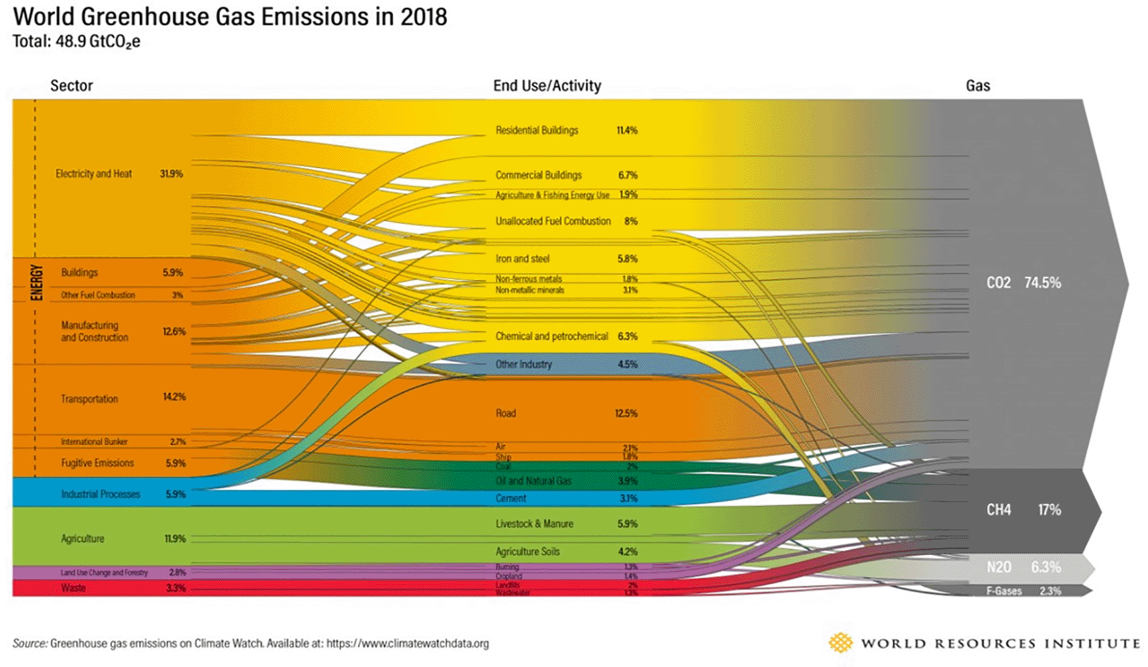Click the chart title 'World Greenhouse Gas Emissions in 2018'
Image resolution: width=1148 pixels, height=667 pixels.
(x=230, y=17)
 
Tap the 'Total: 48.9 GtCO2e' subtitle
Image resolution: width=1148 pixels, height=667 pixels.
(x=76, y=42)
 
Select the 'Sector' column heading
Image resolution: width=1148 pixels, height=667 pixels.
(x=71, y=86)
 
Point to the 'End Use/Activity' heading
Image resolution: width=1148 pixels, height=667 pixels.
(x=547, y=86)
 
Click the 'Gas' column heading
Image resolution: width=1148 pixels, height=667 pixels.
(x=978, y=86)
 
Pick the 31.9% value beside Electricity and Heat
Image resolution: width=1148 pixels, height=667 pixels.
(x=171, y=174)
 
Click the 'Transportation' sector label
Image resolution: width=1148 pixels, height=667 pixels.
(x=89, y=399)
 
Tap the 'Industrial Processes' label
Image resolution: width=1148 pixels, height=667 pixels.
(x=101, y=494)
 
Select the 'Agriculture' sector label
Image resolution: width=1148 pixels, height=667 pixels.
(x=82, y=538)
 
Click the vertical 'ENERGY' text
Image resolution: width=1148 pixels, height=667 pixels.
(x=37, y=282)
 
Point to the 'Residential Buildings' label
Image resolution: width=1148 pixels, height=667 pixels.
(x=537, y=130)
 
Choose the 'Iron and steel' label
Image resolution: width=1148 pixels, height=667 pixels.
(x=522, y=259)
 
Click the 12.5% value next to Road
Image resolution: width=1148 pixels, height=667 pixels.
(x=626, y=413)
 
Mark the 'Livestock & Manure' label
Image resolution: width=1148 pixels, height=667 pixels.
(x=534, y=524)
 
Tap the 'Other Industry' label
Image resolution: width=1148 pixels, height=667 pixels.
(x=523, y=364)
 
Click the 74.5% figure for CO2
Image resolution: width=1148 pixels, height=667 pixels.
(x=1042, y=283)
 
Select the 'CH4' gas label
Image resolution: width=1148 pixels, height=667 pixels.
(x=999, y=509)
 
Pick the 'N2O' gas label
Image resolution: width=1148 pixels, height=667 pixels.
(x=999, y=567)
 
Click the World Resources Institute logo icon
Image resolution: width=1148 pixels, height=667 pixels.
(x=840, y=643)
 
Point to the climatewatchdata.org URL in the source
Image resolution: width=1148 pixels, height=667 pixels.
(x=407, y=644)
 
